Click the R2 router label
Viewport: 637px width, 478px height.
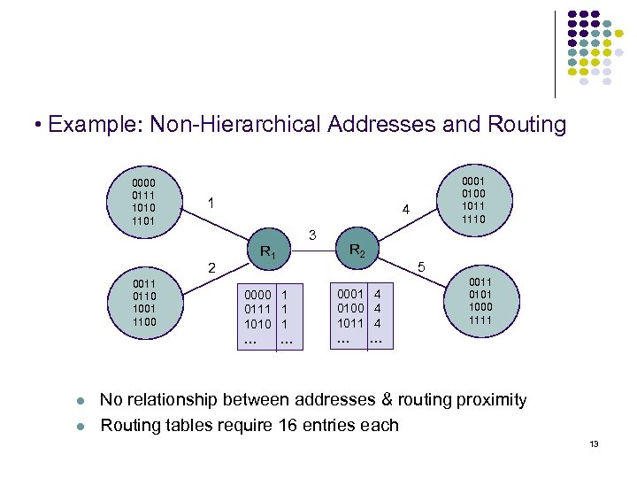357,251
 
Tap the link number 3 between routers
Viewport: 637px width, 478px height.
312,235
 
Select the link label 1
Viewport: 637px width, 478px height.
210,203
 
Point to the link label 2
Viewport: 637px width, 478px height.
210,267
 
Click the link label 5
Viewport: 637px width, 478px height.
421,266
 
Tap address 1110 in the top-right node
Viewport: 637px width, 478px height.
474,218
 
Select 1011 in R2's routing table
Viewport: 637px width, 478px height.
350,324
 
